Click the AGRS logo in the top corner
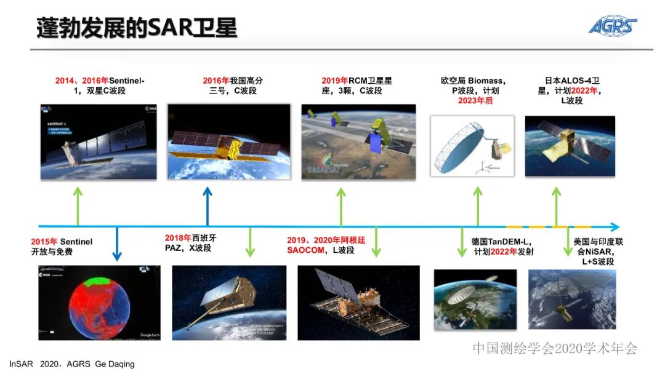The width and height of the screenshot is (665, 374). click(x=613, y=26)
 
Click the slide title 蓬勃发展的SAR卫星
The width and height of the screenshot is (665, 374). click(x=137, y=28)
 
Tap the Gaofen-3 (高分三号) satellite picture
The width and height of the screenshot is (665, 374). click(x=228, y=142)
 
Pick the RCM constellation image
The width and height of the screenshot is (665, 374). click(x=358, y=142)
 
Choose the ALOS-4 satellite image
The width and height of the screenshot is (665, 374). click(x=570, y=146)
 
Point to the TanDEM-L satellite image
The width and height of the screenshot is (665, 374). click(x=475, y=300)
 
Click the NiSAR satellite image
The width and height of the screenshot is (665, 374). click(x=572, y=300)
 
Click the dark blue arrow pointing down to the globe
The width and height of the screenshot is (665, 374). click(x=117, y=244)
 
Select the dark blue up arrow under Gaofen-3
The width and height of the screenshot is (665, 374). click(x=208, y=206)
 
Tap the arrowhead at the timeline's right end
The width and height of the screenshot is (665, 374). click(x=615, y=226)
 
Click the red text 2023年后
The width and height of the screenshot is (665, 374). click(x=475, y=101)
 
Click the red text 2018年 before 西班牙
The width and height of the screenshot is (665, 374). click(x=178, y=238)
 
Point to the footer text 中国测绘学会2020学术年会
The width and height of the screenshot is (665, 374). click(x=555, y=348)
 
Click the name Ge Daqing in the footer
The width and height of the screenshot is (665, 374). click(x=115, y=364)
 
